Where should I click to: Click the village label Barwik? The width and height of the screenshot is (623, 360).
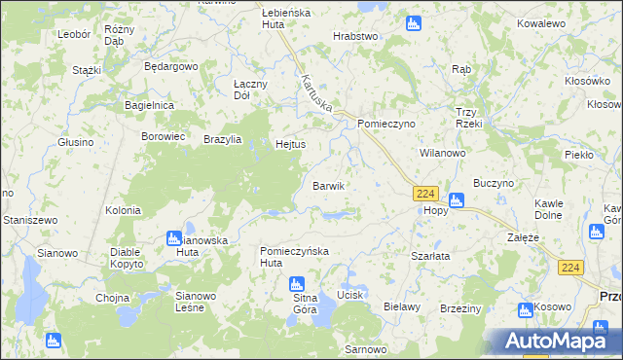tap(328, 186)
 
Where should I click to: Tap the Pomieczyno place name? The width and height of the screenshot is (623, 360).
tap(386, 125)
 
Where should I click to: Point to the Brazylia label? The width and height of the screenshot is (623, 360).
tap(223, 139)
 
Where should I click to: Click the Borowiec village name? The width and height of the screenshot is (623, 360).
tap(164, 136)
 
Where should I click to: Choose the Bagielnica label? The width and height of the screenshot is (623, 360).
tap(149, 104)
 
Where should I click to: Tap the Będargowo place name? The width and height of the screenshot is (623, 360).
tap(170, 67)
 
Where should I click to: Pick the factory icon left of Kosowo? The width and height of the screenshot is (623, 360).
tap(526, 309)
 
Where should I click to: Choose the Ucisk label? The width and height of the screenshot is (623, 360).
tap(349, 295)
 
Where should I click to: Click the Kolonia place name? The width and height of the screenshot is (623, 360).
tap(124, 210)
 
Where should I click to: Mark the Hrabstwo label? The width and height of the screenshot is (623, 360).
tap(354, 36)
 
